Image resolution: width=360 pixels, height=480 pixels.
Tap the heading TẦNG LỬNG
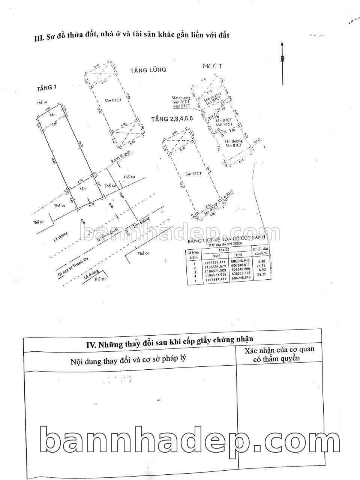(x=148, y=70)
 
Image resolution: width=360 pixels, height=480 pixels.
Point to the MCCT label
(x=212, y=66)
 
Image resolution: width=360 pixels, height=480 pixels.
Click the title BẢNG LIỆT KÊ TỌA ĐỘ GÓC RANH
(x=226, y=239)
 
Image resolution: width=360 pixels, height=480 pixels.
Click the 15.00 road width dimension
(x=121, y=195)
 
